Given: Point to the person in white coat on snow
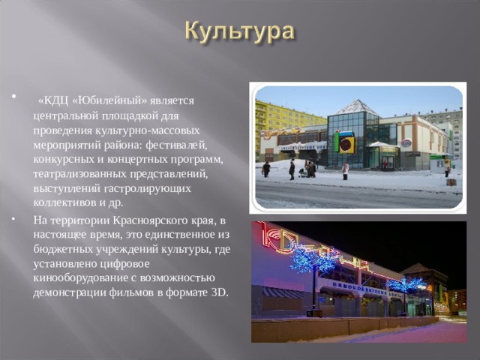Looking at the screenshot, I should tap(345, 171).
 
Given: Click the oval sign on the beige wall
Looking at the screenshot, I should tap(406, 142).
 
